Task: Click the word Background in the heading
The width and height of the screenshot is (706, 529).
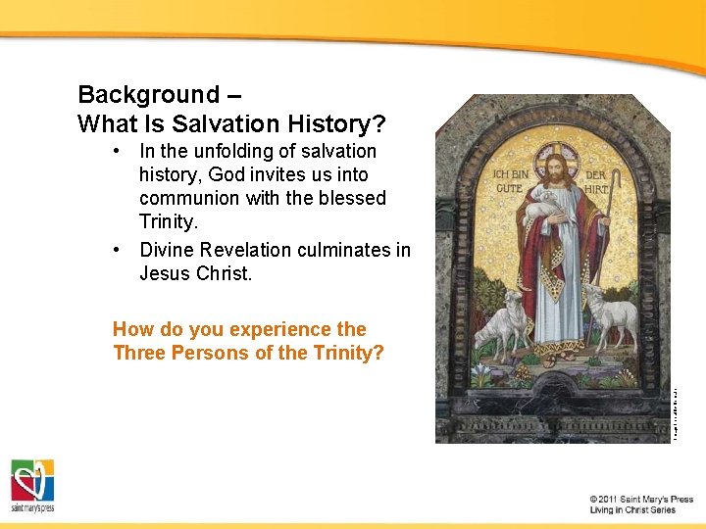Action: click(148, 95)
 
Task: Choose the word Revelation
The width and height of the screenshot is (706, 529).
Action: click(248, 250)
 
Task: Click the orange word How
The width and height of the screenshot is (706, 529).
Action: click(132, 329)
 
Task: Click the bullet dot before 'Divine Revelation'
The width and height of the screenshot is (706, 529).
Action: click(118, 250)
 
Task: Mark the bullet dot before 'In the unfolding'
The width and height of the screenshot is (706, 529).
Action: click(118, 151)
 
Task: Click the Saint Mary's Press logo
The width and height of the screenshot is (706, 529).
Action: click(32, 485)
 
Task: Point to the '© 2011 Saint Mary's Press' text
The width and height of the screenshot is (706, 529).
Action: click(641, 499)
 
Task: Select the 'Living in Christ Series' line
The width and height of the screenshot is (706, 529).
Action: click(632, 510)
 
